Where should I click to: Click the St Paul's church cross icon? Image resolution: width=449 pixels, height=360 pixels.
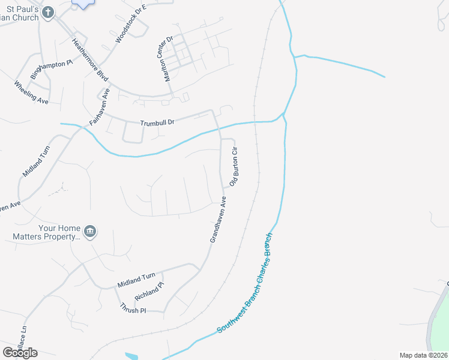coord(49,11)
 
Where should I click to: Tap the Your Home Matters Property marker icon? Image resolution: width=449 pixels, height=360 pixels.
coord(90,232)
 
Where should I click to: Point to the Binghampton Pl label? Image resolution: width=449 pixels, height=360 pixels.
coord(51,71)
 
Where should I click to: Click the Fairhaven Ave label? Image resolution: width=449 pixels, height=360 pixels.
coord(100,106)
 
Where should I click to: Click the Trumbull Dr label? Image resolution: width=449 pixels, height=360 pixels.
coord(157,122)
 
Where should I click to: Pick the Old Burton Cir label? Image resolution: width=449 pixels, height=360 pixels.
coord(234,166)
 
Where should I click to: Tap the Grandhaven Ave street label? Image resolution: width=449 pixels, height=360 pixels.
coord(218,220)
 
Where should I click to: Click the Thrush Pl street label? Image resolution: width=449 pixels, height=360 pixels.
coord(133,308)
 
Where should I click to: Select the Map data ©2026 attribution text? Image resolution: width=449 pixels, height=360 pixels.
coord(424,355)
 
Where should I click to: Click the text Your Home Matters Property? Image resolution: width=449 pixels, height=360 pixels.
coord(47,232)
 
